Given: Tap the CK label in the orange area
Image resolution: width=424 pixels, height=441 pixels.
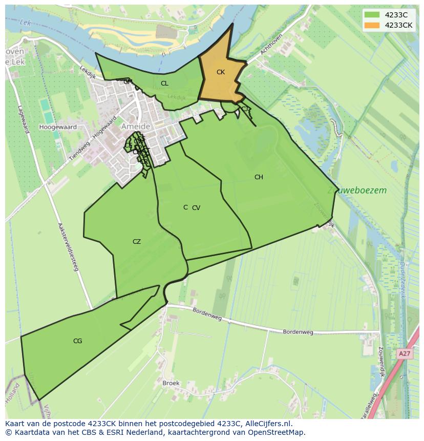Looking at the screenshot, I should click(221, 72).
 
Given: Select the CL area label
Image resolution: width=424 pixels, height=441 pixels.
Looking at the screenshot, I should click(164, 83).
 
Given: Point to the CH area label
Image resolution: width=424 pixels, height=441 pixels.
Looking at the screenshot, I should click(259, 177).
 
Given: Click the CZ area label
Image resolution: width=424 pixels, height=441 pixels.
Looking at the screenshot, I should click(137, 242).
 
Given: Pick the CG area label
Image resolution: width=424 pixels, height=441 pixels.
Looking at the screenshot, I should click(78, 341).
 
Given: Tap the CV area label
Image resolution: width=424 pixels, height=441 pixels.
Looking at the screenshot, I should click(196, 208).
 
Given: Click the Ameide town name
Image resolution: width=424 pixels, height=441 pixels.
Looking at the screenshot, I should click(136, 127).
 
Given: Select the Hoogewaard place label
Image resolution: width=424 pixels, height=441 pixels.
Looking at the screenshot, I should click(58, 127).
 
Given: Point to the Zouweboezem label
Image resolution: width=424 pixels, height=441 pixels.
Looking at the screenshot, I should click(357, 190).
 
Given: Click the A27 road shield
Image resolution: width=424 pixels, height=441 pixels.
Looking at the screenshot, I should click(404, 354).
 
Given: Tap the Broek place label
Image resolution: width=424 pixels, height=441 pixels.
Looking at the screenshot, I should click(171, 383).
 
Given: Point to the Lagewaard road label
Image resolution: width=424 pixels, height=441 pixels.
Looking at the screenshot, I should click(22, 119).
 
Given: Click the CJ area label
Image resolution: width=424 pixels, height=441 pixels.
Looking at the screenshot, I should click(245, 109).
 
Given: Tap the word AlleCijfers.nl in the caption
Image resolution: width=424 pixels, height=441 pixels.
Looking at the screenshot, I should click(266, 424).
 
